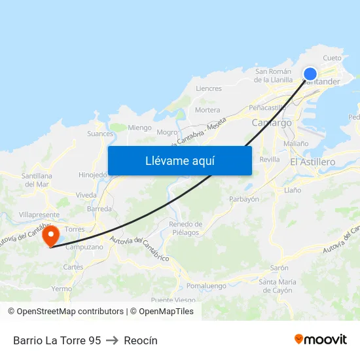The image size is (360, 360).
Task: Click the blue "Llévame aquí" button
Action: [179, 160]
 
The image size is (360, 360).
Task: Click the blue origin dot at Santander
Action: [310, 74]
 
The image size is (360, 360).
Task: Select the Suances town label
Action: [100, 134]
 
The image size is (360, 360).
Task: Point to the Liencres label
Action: [209, 88]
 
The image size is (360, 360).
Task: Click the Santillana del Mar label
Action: [37, 180]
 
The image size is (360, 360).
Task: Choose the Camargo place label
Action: [272, 122]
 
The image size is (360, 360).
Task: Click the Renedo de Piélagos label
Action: [185, 228]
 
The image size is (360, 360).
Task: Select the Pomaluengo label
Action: [206, 286]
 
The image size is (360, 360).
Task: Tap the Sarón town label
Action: [279, 268]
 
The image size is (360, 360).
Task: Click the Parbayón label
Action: [244, 199]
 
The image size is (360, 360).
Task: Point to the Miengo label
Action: [139, 128]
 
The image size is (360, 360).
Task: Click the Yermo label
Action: [62, 289]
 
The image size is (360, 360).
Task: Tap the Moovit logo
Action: [321, 340]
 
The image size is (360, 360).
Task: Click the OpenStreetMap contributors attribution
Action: [65, 312]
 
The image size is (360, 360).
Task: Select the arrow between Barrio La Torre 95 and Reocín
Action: [112, 340]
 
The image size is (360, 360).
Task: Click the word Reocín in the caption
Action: [141, 340]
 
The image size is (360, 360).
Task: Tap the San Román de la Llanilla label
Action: [274, 75]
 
